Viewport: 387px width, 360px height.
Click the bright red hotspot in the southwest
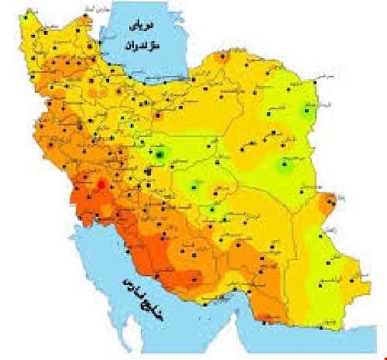coord(101,183)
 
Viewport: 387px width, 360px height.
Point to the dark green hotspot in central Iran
coord(160,154)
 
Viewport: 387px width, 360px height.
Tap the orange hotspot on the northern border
coord(223,57)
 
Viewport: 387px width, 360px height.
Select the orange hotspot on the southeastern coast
coord(267,317)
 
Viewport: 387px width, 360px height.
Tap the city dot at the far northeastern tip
coord(318,78)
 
